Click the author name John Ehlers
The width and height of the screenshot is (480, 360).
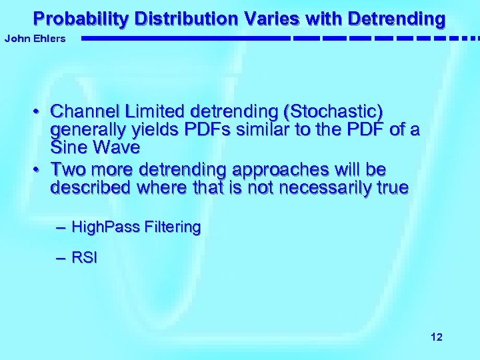point(35,39)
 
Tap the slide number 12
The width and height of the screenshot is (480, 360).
point(436,337)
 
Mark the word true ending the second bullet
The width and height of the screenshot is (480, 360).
point(391,187)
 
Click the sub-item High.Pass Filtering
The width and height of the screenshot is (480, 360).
point(136,227)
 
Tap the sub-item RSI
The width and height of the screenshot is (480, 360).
point(84,258)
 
